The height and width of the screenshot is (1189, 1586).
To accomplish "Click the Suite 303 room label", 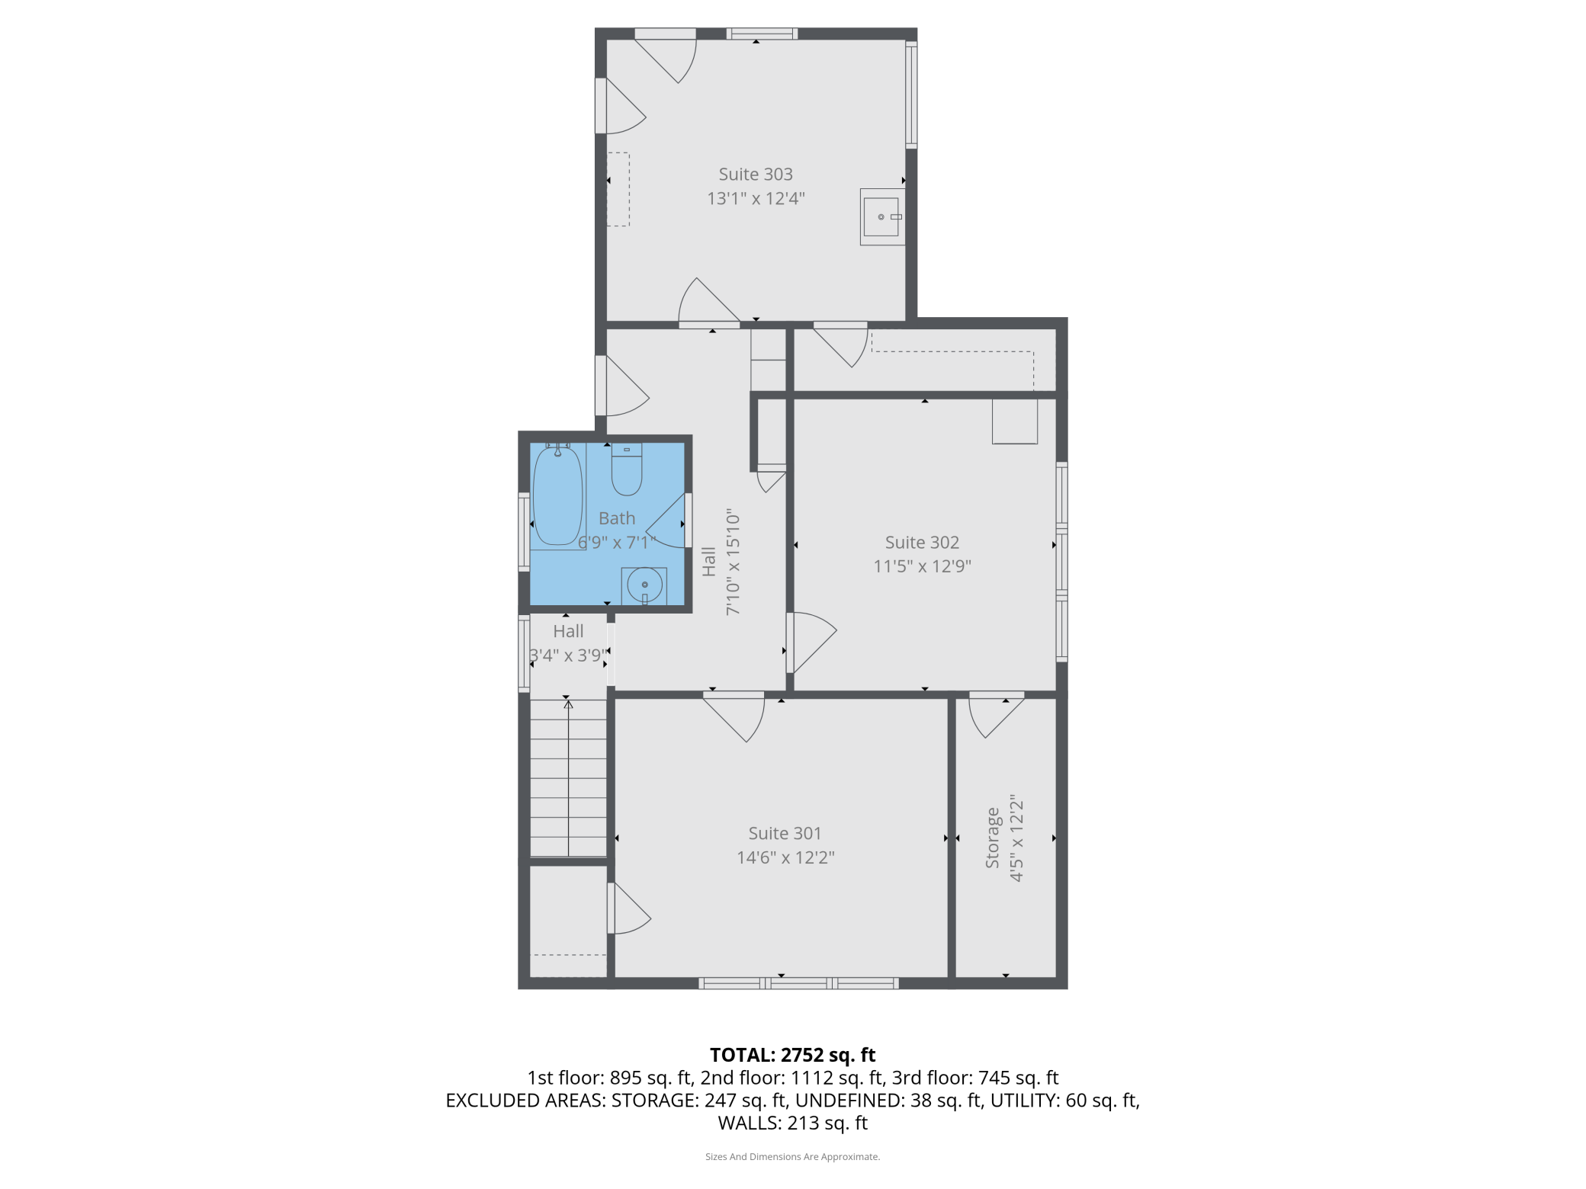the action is (x=756, y=175).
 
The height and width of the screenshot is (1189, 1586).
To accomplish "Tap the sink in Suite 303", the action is (x=882, y=217).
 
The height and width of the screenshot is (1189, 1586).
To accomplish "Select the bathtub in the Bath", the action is (x=557, y=495).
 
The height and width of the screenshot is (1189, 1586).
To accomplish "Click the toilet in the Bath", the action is (x=627, y=470).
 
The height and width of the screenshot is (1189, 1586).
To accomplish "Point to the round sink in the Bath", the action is (x=644, y=585).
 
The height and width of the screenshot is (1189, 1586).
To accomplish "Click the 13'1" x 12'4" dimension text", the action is (x=756, y=199).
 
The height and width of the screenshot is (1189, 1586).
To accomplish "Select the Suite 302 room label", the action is (x=922, y=543).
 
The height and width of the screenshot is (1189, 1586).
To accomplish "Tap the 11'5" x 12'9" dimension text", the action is (x=922, y=566).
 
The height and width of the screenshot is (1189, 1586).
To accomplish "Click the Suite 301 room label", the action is (x=785, y=834).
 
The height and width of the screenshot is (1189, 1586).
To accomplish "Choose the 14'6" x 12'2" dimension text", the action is (x=785, y=857).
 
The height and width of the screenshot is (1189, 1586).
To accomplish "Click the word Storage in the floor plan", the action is (x=992, y=838).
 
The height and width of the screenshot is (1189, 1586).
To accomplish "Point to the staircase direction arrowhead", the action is (x=568, y=704).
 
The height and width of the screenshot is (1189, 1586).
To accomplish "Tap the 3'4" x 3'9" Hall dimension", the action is (x=568, y=655).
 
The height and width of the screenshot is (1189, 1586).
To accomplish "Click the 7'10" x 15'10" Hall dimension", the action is (x=733, y=562).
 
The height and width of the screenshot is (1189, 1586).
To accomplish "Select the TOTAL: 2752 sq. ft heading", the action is (x=792, y=1055).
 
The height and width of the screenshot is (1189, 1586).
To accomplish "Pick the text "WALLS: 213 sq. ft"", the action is (x=792, y=1123).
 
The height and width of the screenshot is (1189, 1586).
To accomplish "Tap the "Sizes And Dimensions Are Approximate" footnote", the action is (x=792, y=1157).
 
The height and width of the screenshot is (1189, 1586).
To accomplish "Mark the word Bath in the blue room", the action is (x=617, y=518).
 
